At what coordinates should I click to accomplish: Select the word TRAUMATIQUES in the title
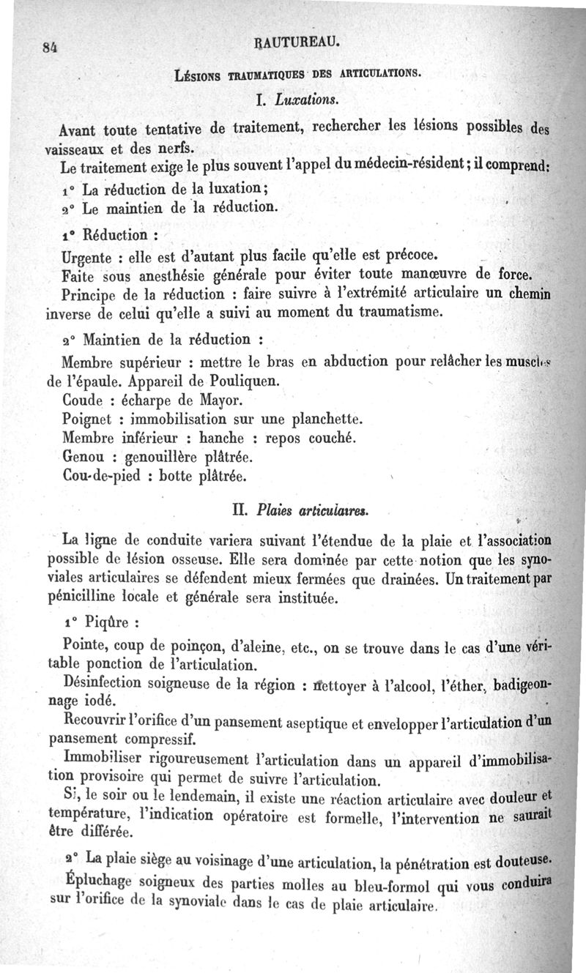pos(250,73)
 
